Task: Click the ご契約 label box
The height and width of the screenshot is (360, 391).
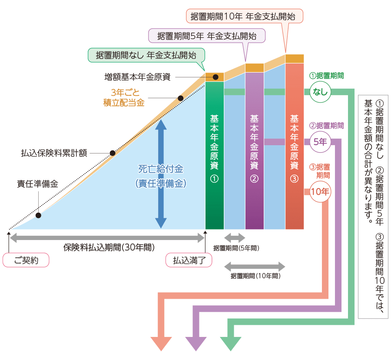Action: [x=26, y=260]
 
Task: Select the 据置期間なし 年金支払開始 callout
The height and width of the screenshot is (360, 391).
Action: [x=146, y=55]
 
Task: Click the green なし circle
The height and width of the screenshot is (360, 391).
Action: [x=320, y=92]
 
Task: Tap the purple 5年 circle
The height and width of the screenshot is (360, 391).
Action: [x=320, y=141]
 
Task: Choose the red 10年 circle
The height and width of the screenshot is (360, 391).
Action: [x=320, y=191]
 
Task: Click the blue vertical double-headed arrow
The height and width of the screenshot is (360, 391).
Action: [x=161, y=174]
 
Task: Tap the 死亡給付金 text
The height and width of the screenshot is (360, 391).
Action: [x=161, y=168]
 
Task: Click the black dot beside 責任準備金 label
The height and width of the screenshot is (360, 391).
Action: [x=39, y=215]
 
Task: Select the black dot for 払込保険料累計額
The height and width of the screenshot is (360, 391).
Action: [x=113, y=153]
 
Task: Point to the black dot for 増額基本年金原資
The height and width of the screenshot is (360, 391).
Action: [x=215, y=77]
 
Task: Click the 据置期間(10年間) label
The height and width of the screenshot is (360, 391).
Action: [x=255, y=276]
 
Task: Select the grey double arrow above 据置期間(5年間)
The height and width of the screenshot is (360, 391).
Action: [x=235, y=238]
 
